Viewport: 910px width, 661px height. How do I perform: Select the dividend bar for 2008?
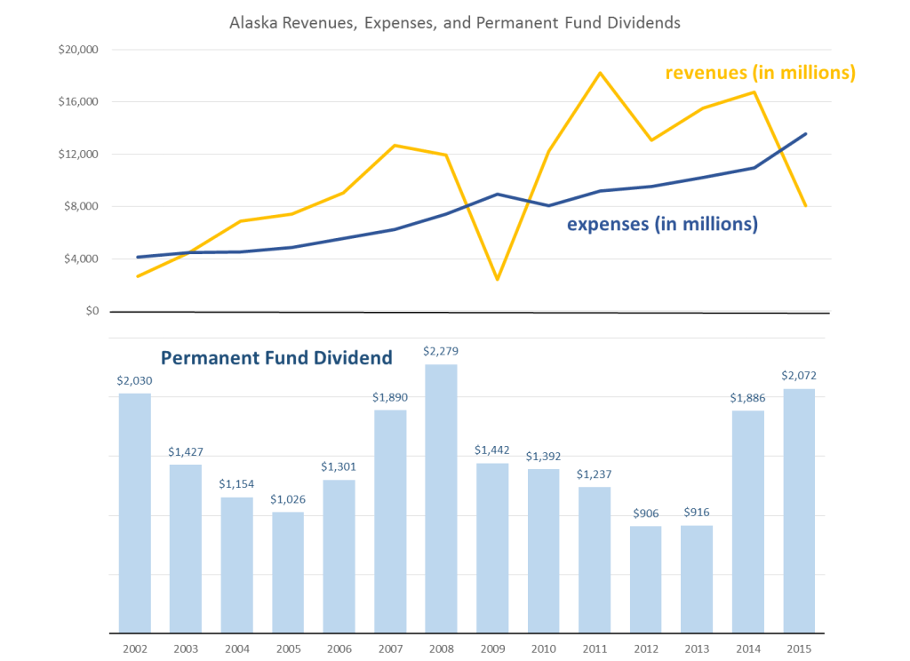441,498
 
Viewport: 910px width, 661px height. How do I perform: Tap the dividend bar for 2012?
645,578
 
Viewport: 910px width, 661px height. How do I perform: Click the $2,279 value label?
441,351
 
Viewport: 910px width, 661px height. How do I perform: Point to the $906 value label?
645,513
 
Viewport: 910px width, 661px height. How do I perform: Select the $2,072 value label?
799,376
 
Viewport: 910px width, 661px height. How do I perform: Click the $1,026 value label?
288,498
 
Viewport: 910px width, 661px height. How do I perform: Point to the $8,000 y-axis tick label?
79,207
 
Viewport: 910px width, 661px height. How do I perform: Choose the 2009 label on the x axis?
492,647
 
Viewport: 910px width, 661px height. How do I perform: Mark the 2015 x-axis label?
799,647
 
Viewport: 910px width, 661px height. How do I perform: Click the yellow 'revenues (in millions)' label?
761,73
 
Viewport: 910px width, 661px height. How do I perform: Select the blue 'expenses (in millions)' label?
662,225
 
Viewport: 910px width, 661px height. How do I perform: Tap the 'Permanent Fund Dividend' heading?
276,359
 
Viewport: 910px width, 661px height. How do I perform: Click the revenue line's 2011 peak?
601,73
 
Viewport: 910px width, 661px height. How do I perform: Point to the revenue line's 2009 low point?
498,279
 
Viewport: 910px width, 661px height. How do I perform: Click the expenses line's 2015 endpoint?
805,134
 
